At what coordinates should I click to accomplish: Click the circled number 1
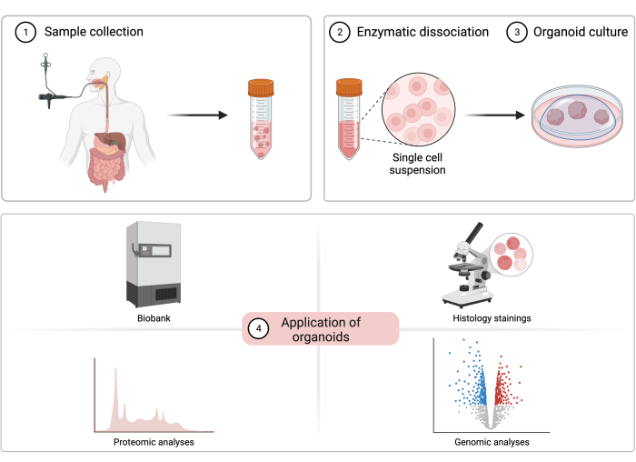(x=25, y=32)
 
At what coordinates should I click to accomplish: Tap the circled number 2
(x=340, y=32)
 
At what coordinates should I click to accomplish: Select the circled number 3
(x=517, y=32)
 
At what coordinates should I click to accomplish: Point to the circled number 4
(x=258, y=328)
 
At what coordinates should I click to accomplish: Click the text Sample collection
(x=94, y=32)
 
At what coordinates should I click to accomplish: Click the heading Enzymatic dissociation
(x=422, y=32)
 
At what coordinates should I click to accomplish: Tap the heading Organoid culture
(x=581, y=32)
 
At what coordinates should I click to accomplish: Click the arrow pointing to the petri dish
(x=494, y=115)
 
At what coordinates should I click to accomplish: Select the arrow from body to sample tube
(x=197, y=115)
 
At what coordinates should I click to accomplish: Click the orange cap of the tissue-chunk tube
(x=261, y=88)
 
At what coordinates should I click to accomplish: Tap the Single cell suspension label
(x=417, y=164)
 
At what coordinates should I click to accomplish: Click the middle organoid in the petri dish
(x=577, y=110)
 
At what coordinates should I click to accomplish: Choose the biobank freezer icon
(x=154, y=265)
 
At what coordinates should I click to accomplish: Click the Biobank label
(x=154, y=318)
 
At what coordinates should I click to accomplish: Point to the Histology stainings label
(x=492, y=318)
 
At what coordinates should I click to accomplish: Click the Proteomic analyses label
(x=154, y=442)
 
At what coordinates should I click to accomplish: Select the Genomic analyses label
(x=492, y=442)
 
